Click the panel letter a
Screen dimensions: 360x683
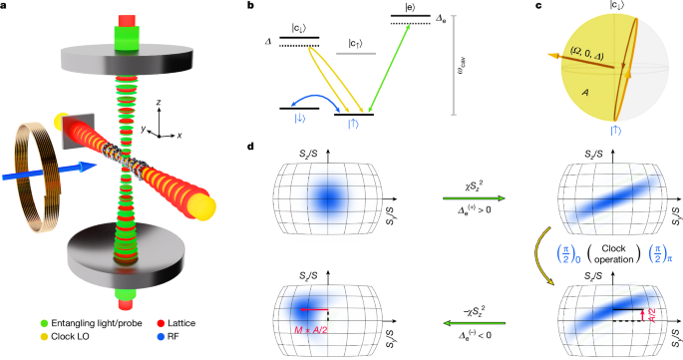[5, 7]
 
